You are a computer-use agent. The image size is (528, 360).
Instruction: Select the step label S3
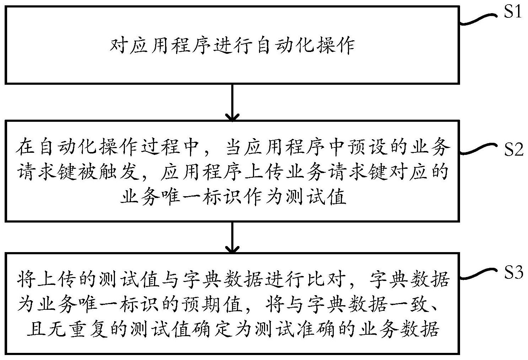514,272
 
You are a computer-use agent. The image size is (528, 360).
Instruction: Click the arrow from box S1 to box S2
232,103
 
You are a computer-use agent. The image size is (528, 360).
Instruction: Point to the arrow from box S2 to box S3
232,237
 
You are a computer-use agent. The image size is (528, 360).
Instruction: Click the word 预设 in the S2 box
368,147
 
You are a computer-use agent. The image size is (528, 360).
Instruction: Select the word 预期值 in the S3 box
213,304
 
